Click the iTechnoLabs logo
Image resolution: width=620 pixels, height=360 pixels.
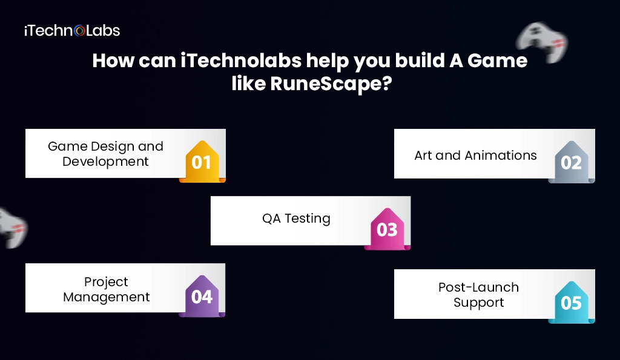tap(71, 30)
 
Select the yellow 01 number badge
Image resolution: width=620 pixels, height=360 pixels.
tap(202, 162)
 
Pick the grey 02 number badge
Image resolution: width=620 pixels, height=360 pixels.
tap(571, 162)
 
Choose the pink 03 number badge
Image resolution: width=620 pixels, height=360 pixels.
tap(387, 229)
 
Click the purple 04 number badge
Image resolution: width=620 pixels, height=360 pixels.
tap(202, 296)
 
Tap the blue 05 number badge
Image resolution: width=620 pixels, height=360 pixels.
tap(571, 303)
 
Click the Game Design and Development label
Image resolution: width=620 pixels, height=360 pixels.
tap(106, 154)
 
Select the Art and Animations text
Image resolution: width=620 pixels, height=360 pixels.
tap(475, 155)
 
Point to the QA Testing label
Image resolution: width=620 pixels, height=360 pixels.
tap(296, 218)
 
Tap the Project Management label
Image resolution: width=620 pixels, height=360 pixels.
tap(107, 289)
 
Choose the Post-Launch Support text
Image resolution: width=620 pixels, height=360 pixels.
tap(478, 295)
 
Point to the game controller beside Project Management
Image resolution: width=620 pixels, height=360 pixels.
tap(12, 226)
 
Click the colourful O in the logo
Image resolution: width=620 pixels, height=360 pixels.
tap(79, 30)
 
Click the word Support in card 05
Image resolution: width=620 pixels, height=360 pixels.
tap(478, 303)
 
